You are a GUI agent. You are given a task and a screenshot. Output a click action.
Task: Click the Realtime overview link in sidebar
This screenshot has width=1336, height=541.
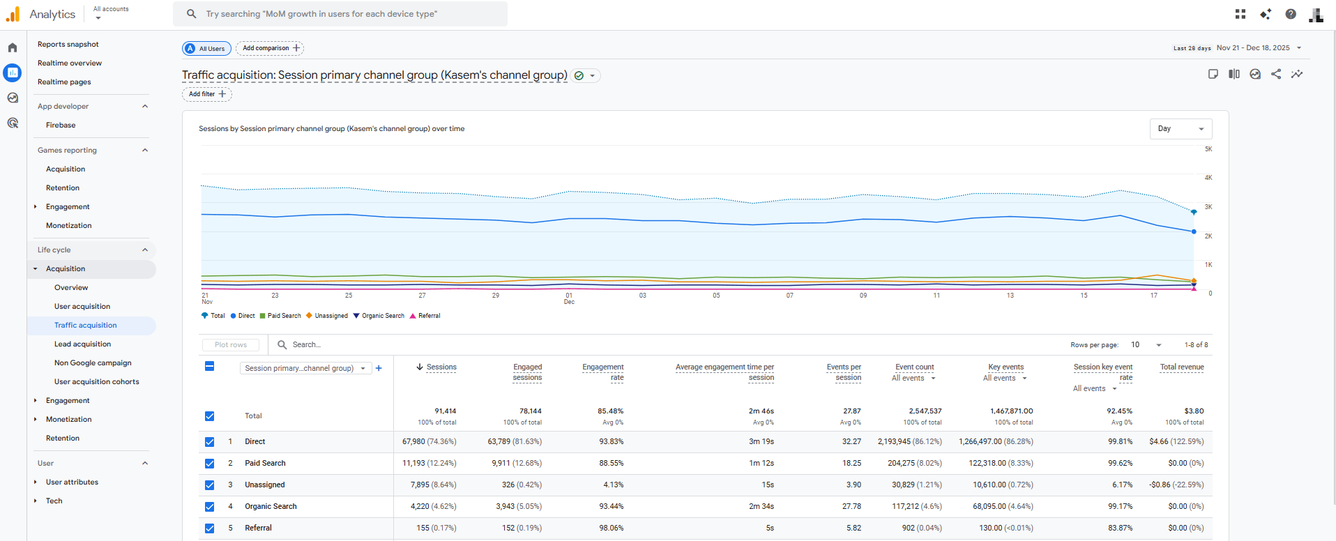[x=70, y=63]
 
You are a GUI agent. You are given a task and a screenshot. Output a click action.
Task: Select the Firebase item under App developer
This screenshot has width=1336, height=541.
[x=61, y=125]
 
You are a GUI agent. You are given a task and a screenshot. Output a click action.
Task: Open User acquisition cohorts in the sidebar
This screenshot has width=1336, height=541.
[x=96, y=381]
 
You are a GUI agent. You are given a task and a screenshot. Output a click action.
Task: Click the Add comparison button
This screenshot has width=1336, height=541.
[x=270, y=48]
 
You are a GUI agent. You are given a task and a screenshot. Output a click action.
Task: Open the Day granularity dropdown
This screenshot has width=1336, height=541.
[x=1181, y=128]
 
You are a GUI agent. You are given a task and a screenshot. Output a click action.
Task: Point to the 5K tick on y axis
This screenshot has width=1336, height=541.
[x=1208, y=149]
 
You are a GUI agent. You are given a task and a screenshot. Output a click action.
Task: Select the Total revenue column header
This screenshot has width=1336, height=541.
[x=1181, y=367]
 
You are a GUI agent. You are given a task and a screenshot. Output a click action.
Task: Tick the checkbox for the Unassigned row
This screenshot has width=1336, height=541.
[x=209, y=485]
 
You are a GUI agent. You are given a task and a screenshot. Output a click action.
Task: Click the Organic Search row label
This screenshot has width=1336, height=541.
[x=271, y=506]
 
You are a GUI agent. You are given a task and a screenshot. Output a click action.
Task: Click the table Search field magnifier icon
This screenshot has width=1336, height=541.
[x=282, y=344]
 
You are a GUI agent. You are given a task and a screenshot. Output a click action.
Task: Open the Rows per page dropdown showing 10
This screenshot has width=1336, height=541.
[x=1146, y=344]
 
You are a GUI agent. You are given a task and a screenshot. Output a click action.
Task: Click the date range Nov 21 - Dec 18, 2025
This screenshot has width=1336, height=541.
[x=1253, y=48]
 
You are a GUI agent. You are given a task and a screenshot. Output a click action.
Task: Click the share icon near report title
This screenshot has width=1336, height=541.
[x=1275, y=74]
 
